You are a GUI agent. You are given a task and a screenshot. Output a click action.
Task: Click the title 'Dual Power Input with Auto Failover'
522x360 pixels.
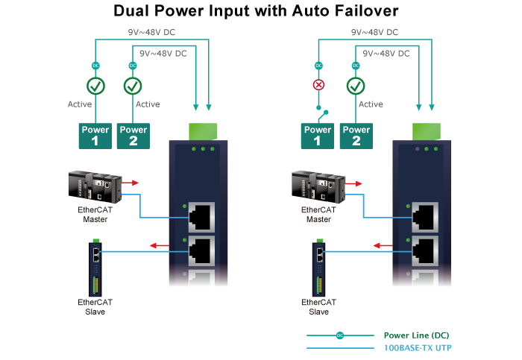[x=255, y=11]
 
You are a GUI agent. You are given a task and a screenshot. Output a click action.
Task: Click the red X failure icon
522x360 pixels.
[x=318, y=85]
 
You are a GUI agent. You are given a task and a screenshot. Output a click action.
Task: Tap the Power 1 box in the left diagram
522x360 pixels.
[x=95, y=135]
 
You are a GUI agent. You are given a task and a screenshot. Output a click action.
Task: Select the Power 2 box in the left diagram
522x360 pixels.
[x=133, y=135]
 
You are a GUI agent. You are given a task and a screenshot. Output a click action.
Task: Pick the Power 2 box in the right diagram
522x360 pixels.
[x=356, y=135]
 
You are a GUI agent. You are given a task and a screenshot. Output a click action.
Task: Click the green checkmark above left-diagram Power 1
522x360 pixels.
[x=95, y=86]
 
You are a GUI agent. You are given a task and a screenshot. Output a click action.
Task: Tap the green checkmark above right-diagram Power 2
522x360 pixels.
[x=356, y=86]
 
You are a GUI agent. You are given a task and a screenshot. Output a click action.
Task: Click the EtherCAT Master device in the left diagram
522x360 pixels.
[x=95, y=187]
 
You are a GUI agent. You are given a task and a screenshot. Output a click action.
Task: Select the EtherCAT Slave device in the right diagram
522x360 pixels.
[x=318, y=267]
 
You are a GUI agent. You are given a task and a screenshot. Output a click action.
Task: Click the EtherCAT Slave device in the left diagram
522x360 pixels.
[x=95, y=267]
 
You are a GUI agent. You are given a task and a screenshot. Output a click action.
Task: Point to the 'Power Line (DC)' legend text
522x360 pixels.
[x=416, y=335]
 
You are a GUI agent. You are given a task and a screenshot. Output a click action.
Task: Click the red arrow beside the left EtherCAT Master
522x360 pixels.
[x=131, y=181]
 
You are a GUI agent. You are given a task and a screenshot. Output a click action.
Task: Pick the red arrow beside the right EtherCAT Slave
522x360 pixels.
[x=382, y=244]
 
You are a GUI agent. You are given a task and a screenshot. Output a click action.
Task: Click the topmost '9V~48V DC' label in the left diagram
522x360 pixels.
[x=151, y=33]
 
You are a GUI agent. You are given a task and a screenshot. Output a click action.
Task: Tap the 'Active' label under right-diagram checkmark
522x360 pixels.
[x=371, y=104]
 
